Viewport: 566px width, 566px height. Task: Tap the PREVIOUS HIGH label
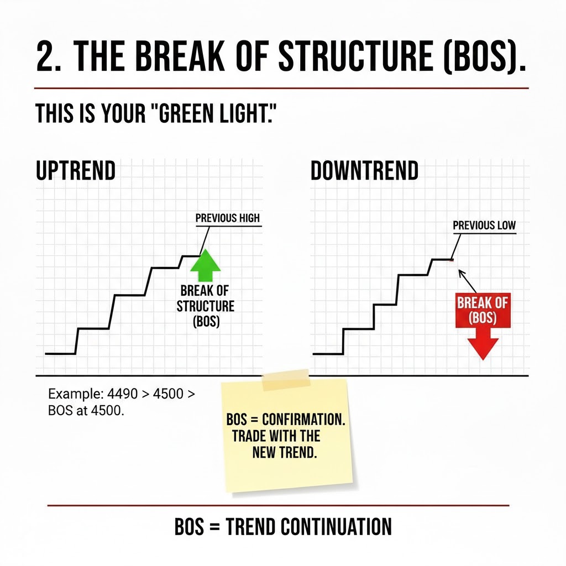coord(227,218)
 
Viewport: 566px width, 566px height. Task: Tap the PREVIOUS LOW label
coord(484,226)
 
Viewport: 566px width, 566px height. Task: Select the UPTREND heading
coord(76,171)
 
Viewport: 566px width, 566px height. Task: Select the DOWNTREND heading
coord(364,171)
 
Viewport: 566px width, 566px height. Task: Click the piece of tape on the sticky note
coord(286,380)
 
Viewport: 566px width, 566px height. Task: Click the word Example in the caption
coord(71,395)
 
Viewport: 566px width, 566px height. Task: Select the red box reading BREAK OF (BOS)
coord(483,311)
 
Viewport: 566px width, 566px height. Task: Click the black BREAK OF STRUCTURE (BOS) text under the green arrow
coord(205,306)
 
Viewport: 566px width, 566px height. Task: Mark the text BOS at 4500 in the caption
coord(86,411)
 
